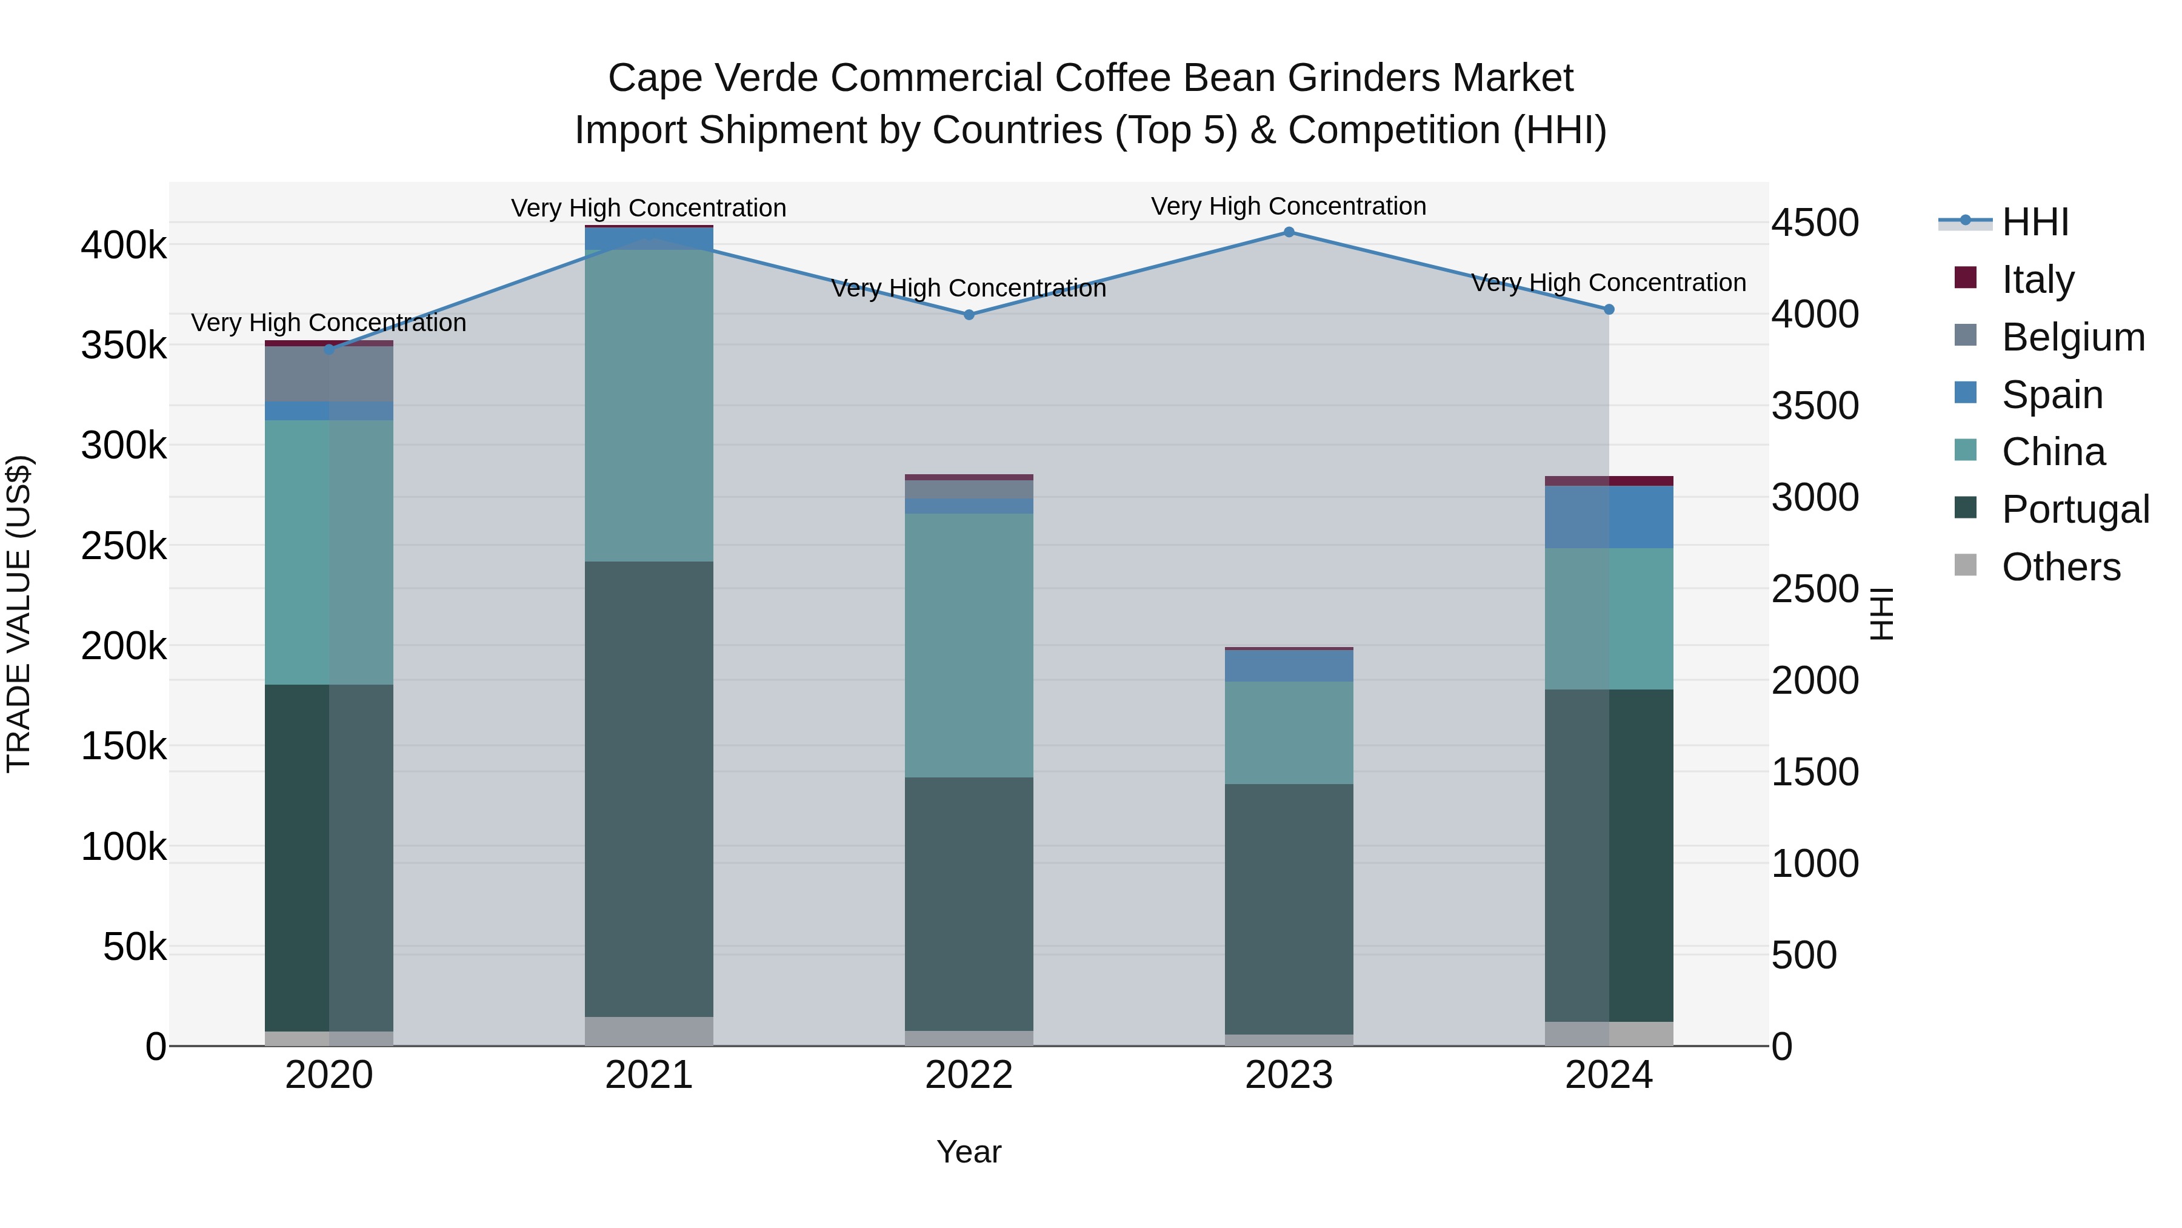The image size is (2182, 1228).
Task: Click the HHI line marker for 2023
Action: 1289,232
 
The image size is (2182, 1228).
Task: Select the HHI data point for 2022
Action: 969,314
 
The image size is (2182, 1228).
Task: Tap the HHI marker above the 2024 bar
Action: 1609,309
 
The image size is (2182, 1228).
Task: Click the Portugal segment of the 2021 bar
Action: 649,788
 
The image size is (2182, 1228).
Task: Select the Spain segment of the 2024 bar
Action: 1609,517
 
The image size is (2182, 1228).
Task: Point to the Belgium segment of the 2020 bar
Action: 329,374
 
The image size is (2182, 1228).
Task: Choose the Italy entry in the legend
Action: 2037,279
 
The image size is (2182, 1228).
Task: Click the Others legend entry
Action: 2060,566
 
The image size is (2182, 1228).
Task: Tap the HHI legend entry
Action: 2035,222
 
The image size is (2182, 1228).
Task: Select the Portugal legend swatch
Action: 1965,509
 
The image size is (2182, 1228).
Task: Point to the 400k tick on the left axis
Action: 124,246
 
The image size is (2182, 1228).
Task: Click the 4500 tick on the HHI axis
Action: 1814,223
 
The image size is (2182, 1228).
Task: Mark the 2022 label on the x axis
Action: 969,1075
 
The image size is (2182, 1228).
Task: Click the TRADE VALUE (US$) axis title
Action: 19,614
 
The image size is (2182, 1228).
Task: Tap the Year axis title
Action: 969,1152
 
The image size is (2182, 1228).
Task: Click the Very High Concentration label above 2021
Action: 649,207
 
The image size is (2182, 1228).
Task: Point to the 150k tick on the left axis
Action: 124,746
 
